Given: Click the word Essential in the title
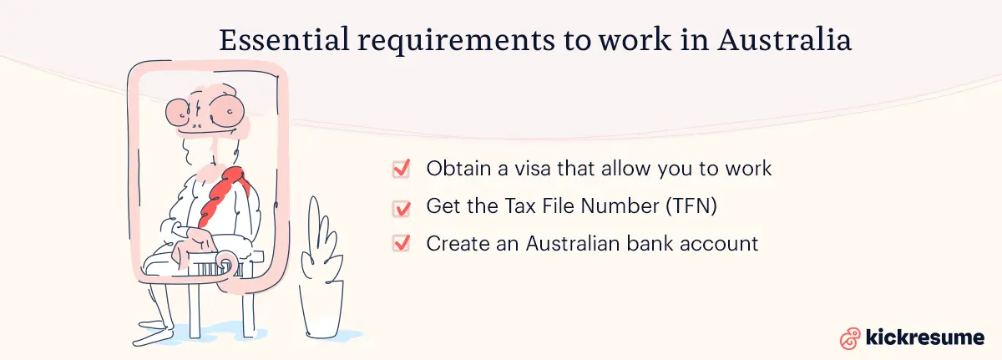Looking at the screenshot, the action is (x=284, y=39).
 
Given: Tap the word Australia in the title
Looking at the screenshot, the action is (x=784, y=39).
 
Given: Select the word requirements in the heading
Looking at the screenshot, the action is (x=456, y=41).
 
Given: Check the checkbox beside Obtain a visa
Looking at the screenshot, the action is (x=401, y=169).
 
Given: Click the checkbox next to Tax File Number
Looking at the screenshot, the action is (x=401, y=207).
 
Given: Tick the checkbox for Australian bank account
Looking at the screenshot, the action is (x=401, y=244).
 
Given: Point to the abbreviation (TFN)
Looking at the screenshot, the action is (x=691, y=206).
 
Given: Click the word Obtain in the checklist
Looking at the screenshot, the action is (x=458, y=169).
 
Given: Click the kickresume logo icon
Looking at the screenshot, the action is (x=850, y=338).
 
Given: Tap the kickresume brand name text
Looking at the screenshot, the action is (x=924, y=337).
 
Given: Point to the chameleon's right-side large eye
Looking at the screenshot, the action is (x=226, y=111).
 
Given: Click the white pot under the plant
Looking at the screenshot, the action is (x=322, y=309).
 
